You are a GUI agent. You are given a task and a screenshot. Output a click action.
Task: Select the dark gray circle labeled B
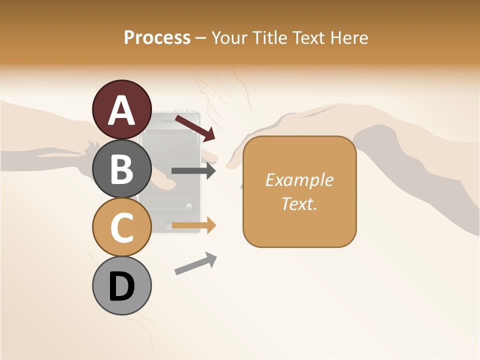click(122, 169)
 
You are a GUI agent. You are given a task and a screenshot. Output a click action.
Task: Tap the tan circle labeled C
click(122, 227)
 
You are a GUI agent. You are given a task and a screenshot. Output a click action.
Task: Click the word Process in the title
click(157, 37)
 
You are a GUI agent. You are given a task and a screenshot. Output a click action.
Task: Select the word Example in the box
click(299, 180)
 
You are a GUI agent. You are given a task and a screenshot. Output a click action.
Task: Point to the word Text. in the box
click(299, 204)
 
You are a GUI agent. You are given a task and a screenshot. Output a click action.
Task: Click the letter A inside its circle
click(122, 110)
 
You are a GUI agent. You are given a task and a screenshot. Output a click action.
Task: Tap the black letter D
click(122, 286)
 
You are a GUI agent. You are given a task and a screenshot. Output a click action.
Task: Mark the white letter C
click(122, 227)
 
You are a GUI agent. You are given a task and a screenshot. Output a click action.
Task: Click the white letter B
click(122, 169)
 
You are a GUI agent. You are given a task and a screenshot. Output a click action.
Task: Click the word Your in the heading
click(229, 37)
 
